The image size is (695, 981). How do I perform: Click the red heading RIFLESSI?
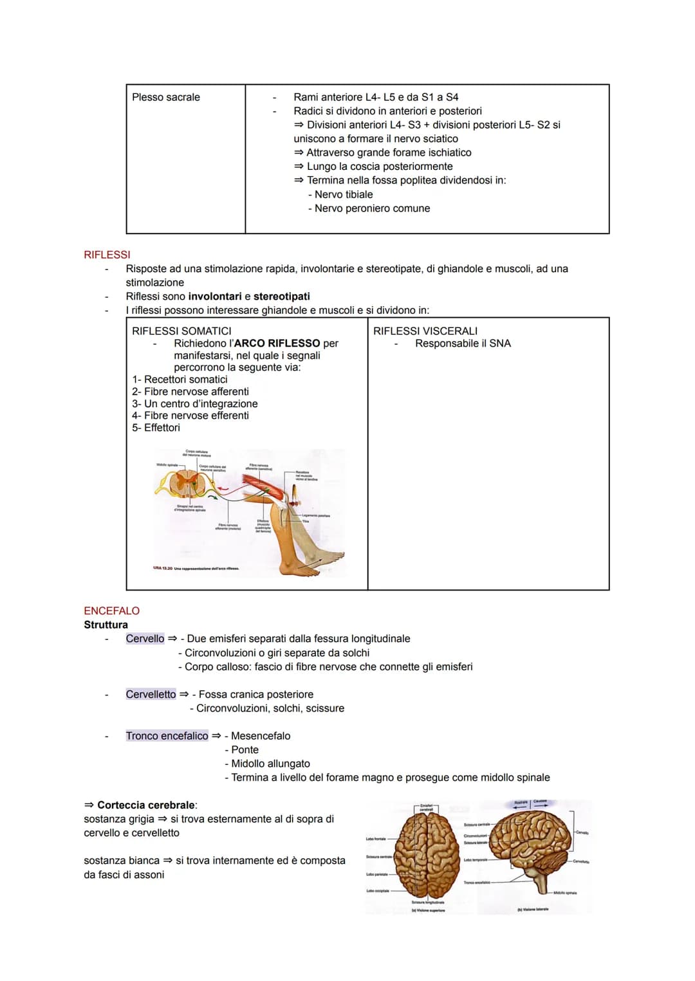click(107, 255)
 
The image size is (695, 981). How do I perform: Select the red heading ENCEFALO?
click(111, 610)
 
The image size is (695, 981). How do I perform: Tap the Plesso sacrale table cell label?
click(165, 97)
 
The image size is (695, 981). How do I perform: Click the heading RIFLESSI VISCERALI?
click(425, 331)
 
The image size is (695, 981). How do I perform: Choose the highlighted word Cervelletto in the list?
click(151, 694)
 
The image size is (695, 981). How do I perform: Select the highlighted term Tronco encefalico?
click(167, 735)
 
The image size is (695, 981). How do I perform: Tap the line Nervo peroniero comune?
click(372, 208)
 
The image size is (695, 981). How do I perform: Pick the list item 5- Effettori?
click(156, 428)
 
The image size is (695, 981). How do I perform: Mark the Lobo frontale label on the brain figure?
click(376, 839)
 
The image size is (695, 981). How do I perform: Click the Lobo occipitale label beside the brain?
click(378, 891)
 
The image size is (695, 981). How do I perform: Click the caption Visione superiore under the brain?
click(428, 910)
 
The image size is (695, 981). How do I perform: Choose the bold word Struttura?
click(106, 625)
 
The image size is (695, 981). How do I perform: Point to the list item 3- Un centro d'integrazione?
click(194, 403)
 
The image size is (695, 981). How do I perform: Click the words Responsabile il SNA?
click(463, 344)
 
